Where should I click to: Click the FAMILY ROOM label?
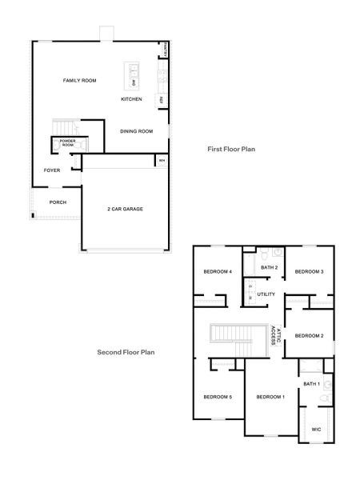(80, 81)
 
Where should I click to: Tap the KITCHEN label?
(131, 99)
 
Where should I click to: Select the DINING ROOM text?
(136, 131)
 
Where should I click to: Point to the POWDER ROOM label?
(66, 144)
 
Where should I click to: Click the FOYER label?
(52, 170)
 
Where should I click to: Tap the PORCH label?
(58, 202)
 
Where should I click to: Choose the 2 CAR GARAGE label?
(125, 209)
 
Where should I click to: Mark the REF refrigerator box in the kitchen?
(161, 100)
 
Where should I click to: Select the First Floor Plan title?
(231, 149)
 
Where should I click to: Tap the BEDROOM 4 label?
(217, 272)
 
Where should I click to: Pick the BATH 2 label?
(270, 267)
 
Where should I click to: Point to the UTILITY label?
(266, 294)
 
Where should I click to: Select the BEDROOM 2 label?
(308, 335)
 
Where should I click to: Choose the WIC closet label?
(316, 429)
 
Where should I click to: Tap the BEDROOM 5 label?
(217, 398)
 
